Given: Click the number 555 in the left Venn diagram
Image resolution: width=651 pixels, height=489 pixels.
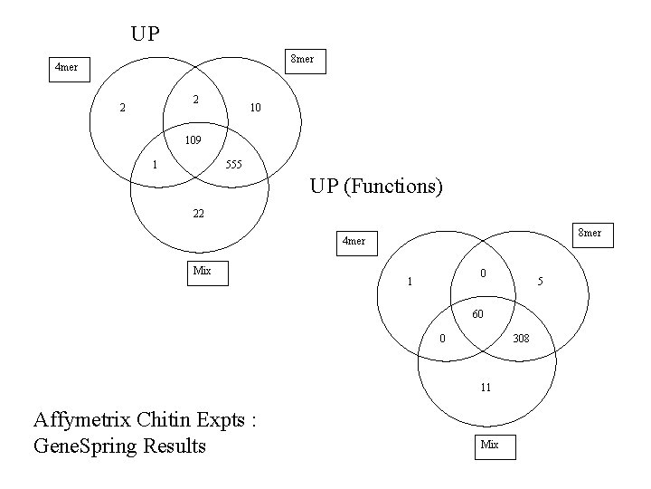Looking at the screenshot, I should click(234, 165).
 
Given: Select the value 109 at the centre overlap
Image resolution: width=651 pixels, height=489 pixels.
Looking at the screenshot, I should click(192, 140).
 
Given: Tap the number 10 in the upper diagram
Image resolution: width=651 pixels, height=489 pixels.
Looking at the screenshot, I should click(255, 108).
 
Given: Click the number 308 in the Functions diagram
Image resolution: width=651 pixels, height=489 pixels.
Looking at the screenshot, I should click(521, 339).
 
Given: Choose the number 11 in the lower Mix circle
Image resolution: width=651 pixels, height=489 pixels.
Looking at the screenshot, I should click(486, 387).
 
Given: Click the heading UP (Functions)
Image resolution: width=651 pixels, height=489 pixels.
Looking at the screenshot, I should click(376, 187).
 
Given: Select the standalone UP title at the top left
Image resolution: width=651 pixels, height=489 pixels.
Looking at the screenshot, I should click(145, 34).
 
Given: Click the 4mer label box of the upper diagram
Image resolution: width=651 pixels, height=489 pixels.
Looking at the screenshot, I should click(69, 68).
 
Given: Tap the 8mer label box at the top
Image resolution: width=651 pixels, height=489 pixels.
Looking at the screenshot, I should click(301, 60).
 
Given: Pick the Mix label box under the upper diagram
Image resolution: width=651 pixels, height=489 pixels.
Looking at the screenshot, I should click(203, 271).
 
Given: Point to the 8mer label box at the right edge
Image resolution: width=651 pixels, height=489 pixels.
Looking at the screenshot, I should click(590, 234).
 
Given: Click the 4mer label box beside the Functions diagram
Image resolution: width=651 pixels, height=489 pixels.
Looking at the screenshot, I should click(354, 241).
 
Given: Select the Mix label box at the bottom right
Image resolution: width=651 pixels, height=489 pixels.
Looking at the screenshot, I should click(490, 446).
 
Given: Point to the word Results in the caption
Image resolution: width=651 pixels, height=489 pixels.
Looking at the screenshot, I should click(175, 446).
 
